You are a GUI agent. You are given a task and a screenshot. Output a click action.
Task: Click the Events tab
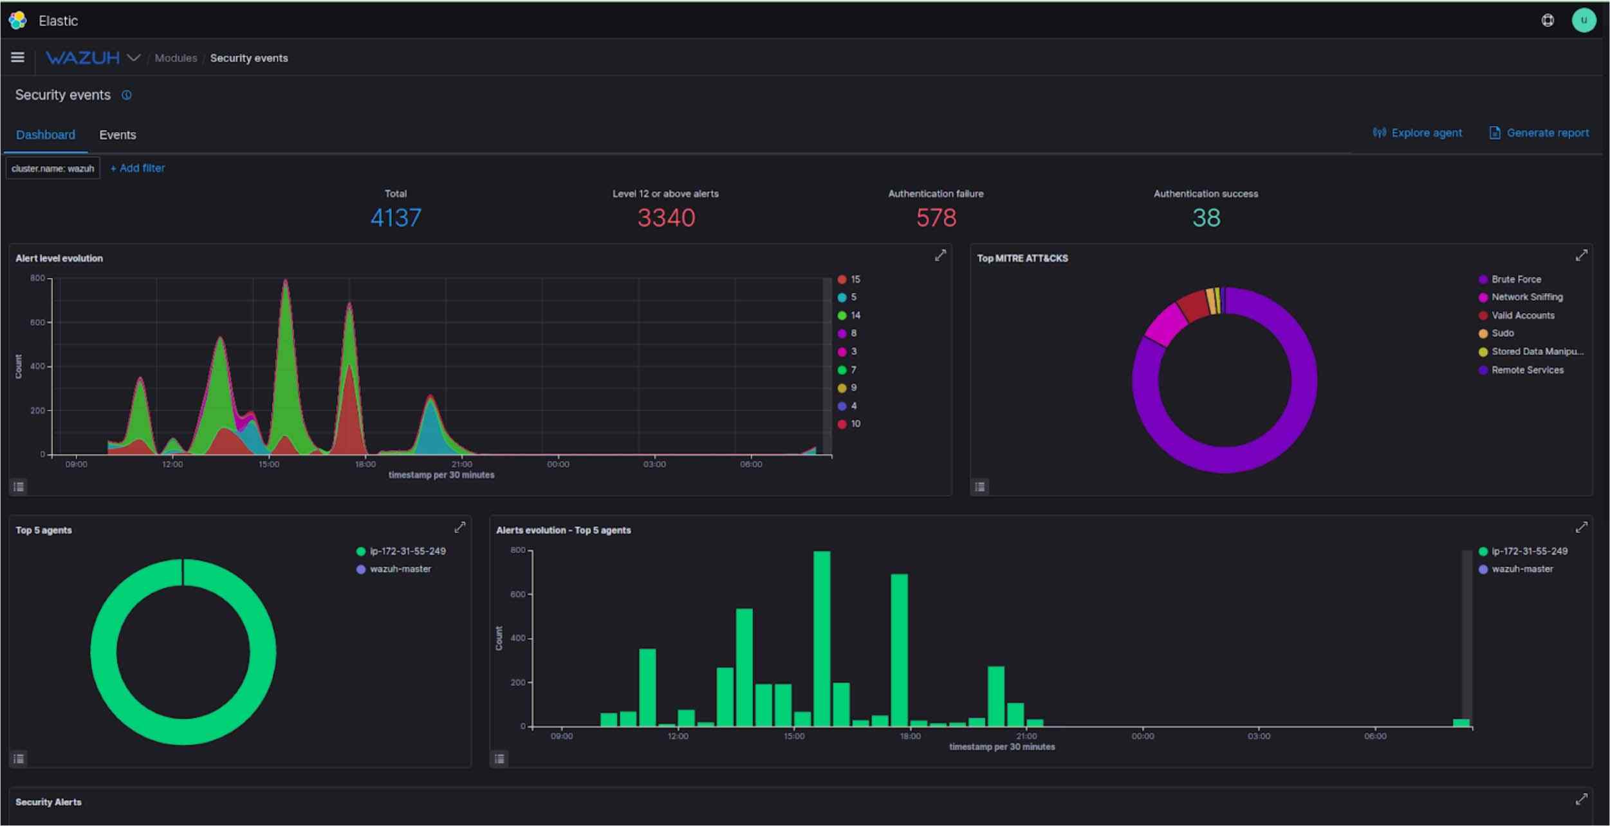[x=117, y=135]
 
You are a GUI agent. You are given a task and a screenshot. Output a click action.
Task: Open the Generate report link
[x=1546, y=133]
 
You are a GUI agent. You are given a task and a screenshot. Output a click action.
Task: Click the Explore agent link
[x=1425, y=133]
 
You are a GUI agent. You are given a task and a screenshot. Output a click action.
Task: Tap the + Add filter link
[x=138, y=168]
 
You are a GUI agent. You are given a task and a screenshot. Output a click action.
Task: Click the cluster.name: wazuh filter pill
[x=53, y=169]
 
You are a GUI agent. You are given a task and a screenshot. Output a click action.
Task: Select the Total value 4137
[x=396, y=218]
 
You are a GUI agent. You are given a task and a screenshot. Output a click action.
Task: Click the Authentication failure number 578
[x=936, y=218]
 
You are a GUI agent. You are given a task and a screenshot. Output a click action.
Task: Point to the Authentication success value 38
[x=1205, y=218]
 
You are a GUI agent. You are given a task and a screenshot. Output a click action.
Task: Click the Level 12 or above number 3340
[x=666, y=218]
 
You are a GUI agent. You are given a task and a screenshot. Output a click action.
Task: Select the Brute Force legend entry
[x=1515, y=279]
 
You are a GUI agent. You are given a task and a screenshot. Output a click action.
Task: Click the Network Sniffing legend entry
[x=1526, y=297]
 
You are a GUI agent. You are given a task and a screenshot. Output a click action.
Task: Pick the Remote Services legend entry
[x=1526, y=370]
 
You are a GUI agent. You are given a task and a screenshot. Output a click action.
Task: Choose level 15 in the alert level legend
[x=854, y=279]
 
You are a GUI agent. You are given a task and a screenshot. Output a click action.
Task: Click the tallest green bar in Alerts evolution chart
[x=821, y=637]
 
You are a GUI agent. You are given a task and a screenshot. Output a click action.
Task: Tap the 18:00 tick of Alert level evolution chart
[x=365, y=464]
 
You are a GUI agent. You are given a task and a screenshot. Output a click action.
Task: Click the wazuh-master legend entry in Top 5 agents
[x=400, y=569]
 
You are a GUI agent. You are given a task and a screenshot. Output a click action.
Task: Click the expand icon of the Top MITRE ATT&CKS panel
[x=1580, y=256]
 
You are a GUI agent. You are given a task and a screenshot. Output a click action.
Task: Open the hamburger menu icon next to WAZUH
[x=17, y=57]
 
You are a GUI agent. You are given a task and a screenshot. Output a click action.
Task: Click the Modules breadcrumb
[x=176, y=58]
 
